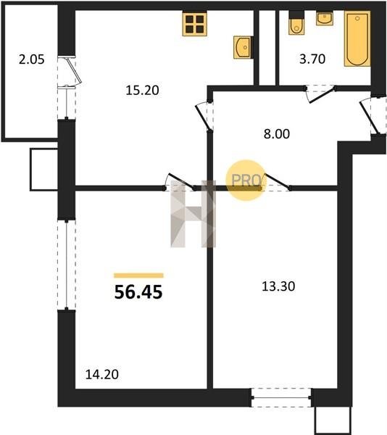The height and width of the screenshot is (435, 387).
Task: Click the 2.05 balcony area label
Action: pos(32,59)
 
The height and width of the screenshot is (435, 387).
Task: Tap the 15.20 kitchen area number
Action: pos(142,90)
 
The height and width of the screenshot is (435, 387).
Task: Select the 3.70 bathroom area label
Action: pos(312,59)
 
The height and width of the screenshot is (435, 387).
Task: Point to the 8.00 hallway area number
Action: pos(277,134)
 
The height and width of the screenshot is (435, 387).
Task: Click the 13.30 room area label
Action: pos(278,286)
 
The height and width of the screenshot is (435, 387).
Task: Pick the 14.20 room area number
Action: pos(102,375)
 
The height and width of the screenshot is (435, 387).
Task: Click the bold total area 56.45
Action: pos(138,292)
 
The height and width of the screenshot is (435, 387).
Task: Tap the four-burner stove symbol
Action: pos(195,24)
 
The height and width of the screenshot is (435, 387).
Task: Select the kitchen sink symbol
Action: pos(243,47)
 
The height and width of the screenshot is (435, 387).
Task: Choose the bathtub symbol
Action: pos(357,38)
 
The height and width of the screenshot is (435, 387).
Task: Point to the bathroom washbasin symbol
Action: pos(325,18)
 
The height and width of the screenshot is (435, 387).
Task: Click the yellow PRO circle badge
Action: pos(246,181)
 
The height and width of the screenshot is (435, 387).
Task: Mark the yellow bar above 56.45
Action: pos(138,275)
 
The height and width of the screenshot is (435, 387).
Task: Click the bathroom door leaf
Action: pos(322,95)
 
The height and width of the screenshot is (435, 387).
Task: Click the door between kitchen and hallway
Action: pos(203,117)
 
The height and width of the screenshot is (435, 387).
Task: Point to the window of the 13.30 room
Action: pos(280,397)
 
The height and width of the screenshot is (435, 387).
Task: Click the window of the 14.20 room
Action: pos(67,265)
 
